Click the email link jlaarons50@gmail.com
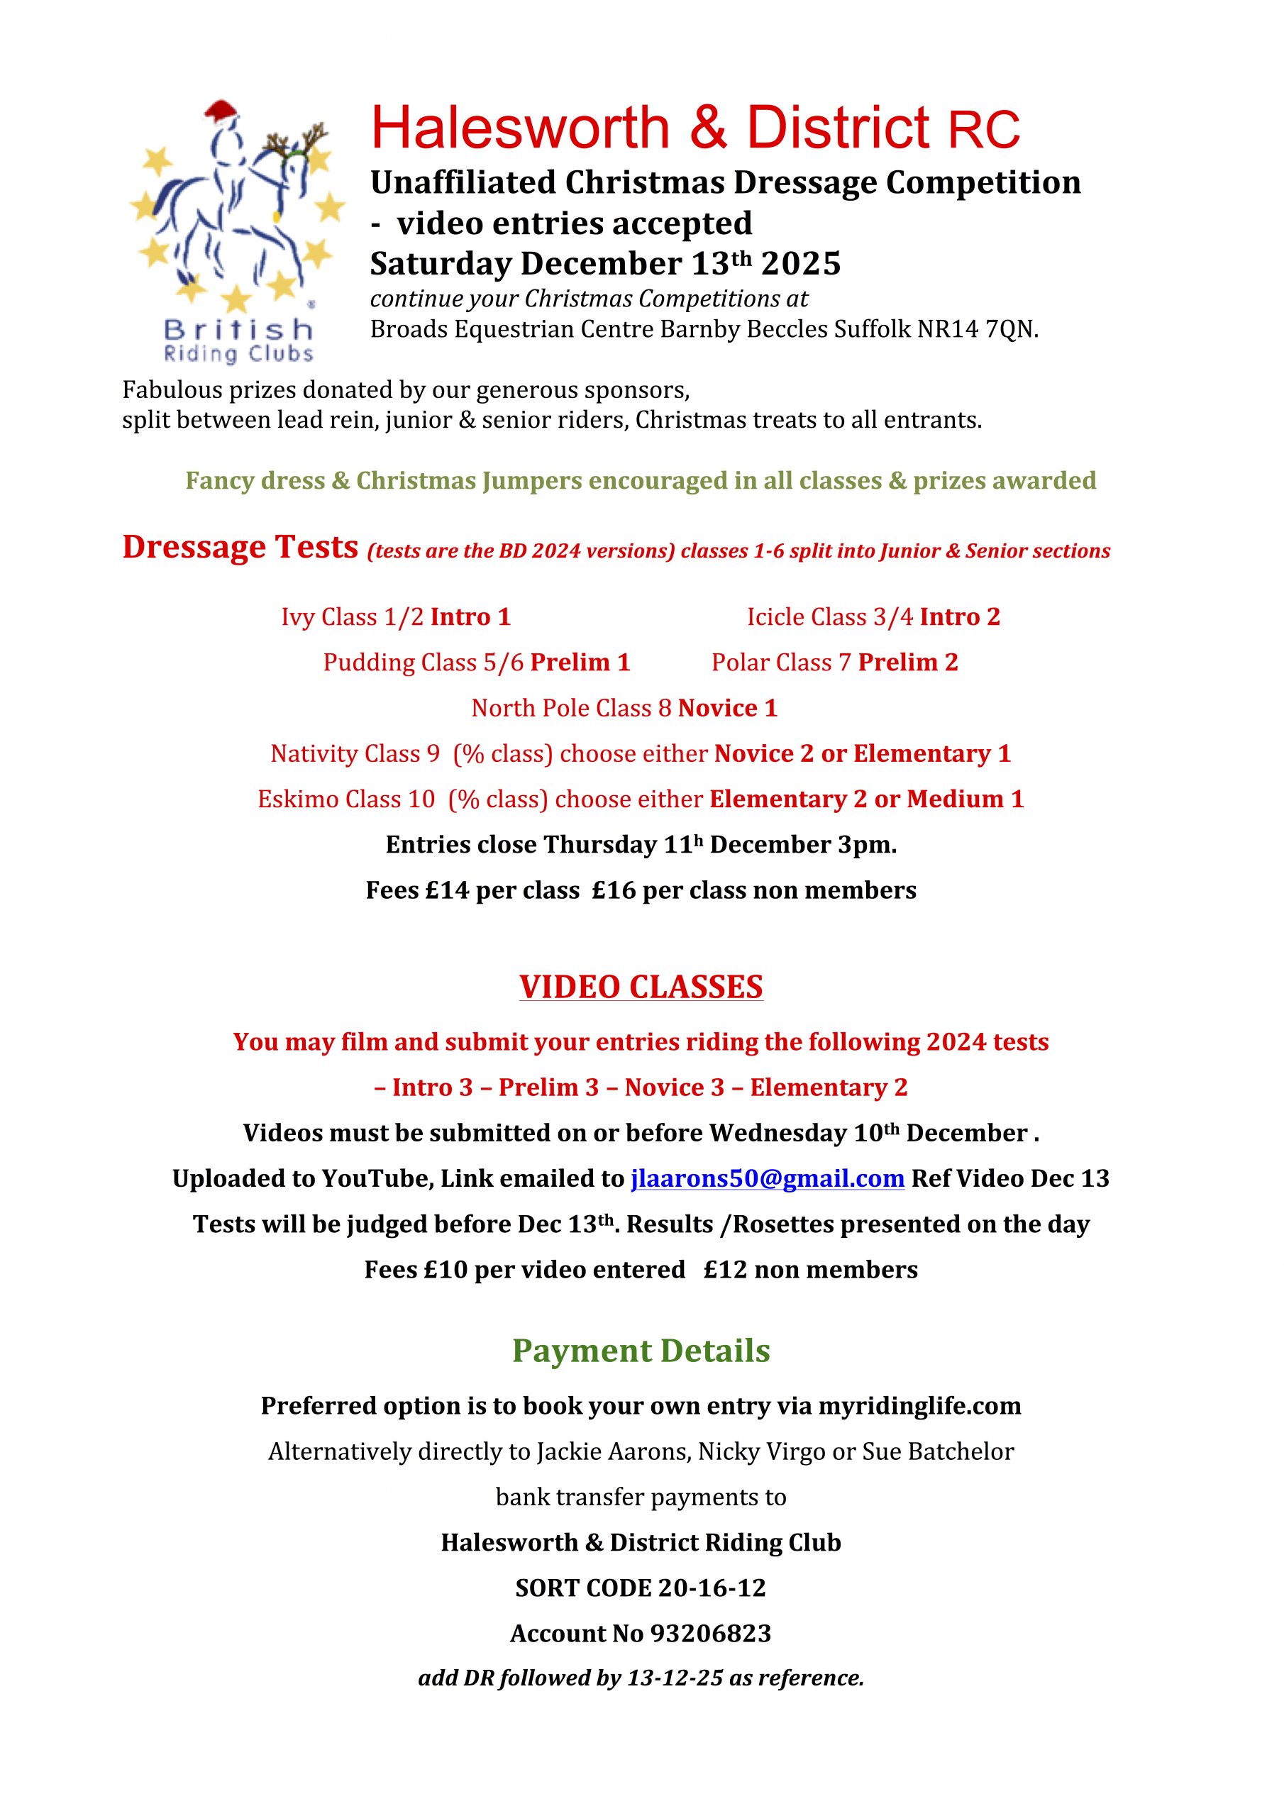tap(767, 1178)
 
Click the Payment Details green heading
tap(641, 1351)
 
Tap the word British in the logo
tap(238, 328)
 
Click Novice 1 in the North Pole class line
tap(728, 708)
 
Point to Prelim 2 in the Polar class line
tap(907, 662)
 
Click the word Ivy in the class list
tap(297, 617)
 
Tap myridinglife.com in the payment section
tap(919, 1405)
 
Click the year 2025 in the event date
tap(801, 264)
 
